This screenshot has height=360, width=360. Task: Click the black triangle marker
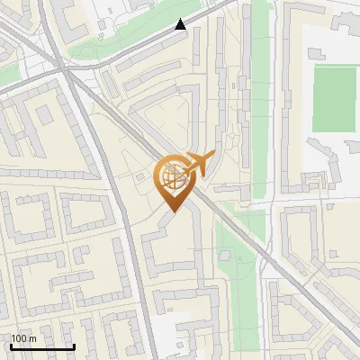click(x=181, y=24)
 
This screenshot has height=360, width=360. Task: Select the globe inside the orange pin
click(x=172, y=178)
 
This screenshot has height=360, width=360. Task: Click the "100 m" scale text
click(x=23, y=338)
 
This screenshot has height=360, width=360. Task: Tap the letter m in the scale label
click(x=32, y=338)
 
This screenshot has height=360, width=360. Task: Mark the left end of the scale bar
click(x=10, y=346)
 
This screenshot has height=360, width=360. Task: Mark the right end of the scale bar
click(x=74, y=346)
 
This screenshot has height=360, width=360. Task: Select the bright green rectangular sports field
click(x=335, y=98)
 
